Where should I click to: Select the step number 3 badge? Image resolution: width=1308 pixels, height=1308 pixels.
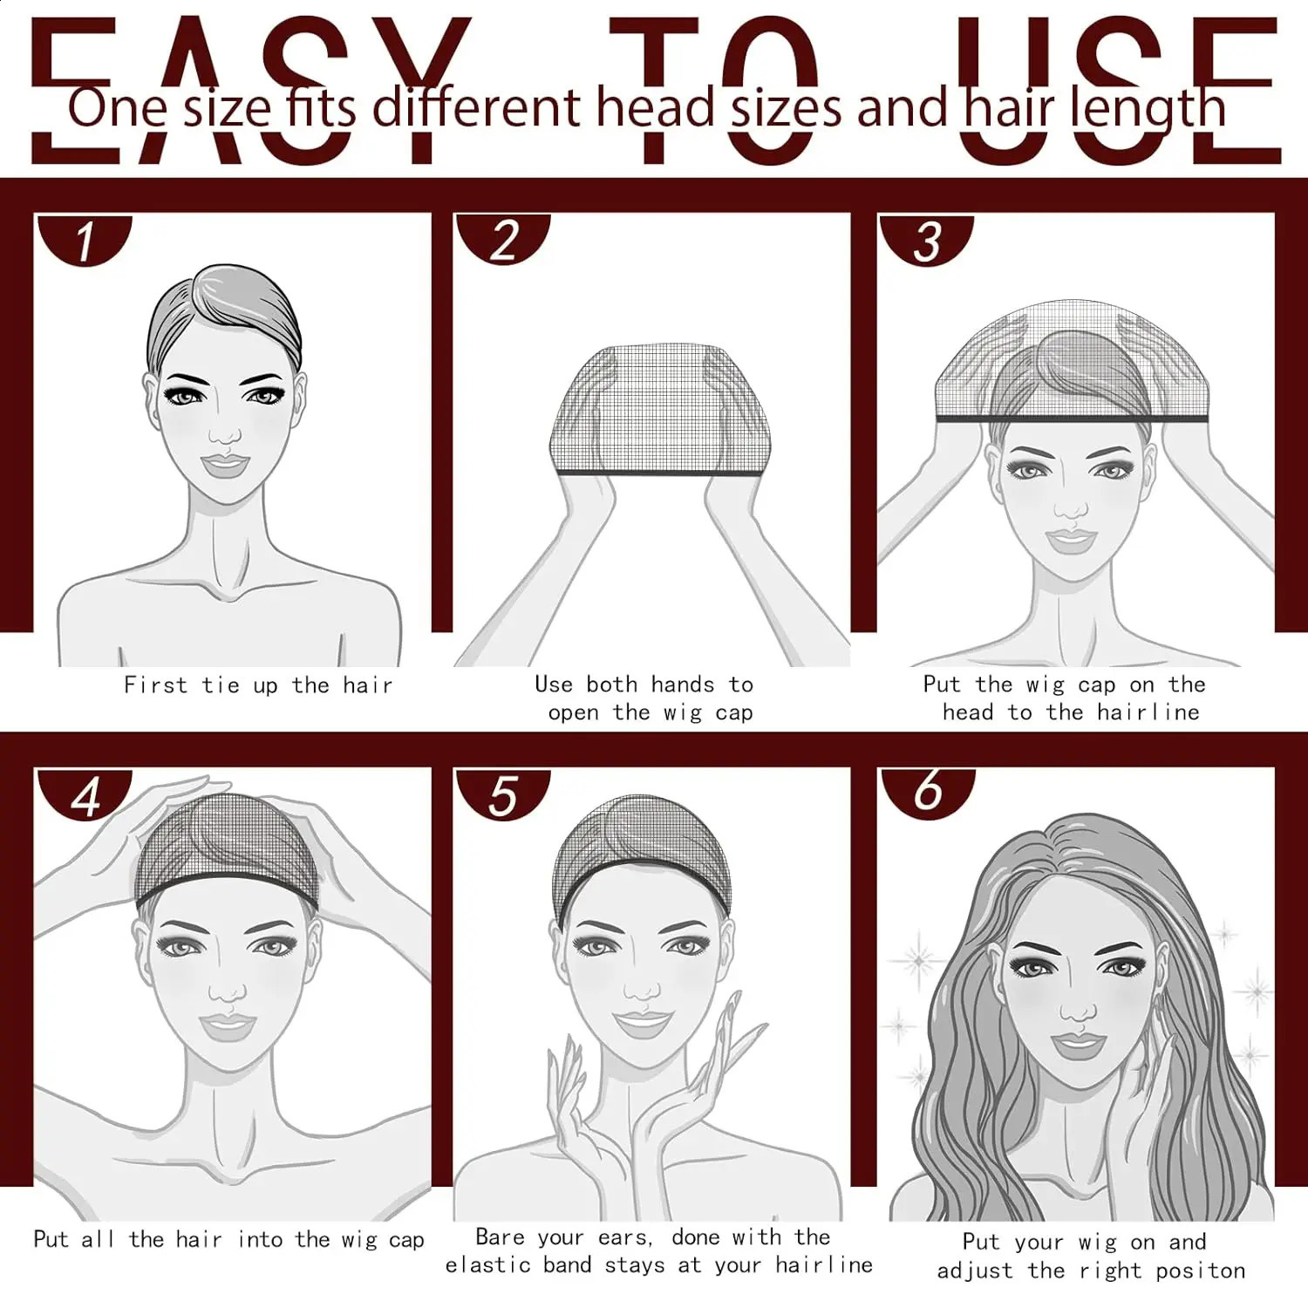tap(926, 240)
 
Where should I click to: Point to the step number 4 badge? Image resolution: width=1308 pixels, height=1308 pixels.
tap(85, 795)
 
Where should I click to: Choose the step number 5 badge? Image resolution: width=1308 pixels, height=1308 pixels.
tap(503, 795)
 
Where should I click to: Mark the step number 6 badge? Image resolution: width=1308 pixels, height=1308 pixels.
tap(928, 792)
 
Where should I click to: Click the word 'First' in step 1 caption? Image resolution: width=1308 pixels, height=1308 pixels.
tap(155, 685)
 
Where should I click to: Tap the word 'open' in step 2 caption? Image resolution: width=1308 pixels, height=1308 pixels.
tap(573, 713)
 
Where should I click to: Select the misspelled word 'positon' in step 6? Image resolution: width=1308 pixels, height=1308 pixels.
tap(1201, 1271)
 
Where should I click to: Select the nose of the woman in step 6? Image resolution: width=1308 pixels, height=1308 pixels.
tap(1079, 1007)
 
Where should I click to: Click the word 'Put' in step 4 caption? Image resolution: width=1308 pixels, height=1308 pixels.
tap(51, 1239)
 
